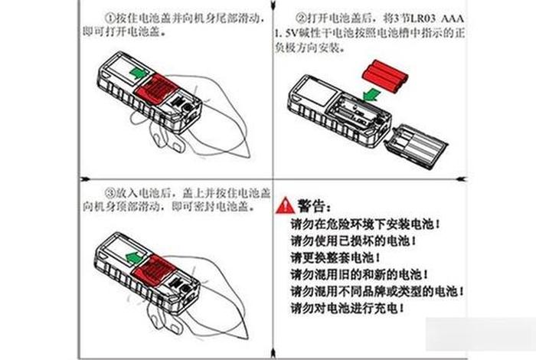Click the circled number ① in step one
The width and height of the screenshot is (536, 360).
pyautogui.click(x=109, y=16)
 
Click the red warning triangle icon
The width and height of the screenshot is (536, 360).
pyautogui.click(x=285, y=205)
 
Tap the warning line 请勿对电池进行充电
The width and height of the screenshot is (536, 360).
pyautogui.click(x=359, y=309)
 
